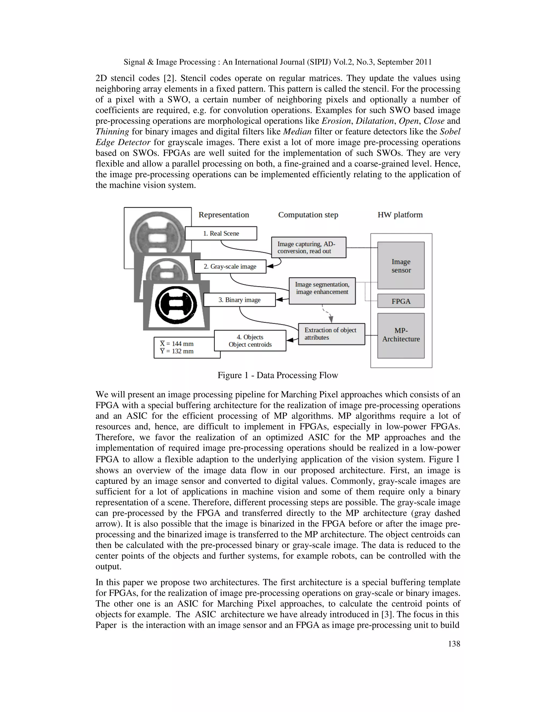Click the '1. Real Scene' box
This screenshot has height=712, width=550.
(x=221, y=233)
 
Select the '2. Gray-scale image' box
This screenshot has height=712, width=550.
(x=230, y=266)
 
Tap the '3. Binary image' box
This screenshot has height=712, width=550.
(x=240, y=300)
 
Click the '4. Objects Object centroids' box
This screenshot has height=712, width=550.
(x=250, y=341)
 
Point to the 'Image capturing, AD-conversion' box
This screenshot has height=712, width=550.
(x=309, y=247)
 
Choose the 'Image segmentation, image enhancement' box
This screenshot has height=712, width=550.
(x=322, y=288)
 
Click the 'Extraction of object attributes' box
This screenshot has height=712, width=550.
(x=331, y=334)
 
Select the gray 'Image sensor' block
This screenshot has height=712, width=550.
(x=401, y=266)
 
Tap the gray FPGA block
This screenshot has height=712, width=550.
(x=401, y=301)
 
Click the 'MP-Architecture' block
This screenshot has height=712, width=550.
(x=401, y=335)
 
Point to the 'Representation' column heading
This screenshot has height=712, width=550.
(x=224, y=215)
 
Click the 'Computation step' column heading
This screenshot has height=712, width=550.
(x=308, y=215)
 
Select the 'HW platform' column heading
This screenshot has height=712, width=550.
(x=400, y=215)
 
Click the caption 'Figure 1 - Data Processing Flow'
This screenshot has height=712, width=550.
(x=278, y=375)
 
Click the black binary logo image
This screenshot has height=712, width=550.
(x=176, y=304)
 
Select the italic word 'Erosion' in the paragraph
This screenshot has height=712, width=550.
(x=336, y=121)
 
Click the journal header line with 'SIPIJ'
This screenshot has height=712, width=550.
(x=278, y=62)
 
